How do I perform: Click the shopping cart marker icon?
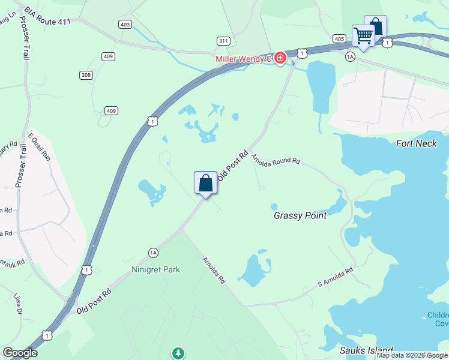[x=363, y=36]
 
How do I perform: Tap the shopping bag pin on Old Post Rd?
[x=205, y=183]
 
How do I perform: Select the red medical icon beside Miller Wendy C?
[x=280, y=58]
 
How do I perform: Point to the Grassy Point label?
[x=300, y=215]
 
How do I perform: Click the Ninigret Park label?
[x=156, y=269]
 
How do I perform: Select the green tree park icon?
[x=178, y=353]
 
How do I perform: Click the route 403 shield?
[x=125, y=25]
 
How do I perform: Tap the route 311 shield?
[x=223, y=41]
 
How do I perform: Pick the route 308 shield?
[x=86, y=75]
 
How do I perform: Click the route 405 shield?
[x=339, y=39]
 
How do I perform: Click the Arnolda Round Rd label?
[x=275, y=161]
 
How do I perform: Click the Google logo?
[x=20, y=353]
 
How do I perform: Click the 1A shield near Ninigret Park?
[x=153, y=253]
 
